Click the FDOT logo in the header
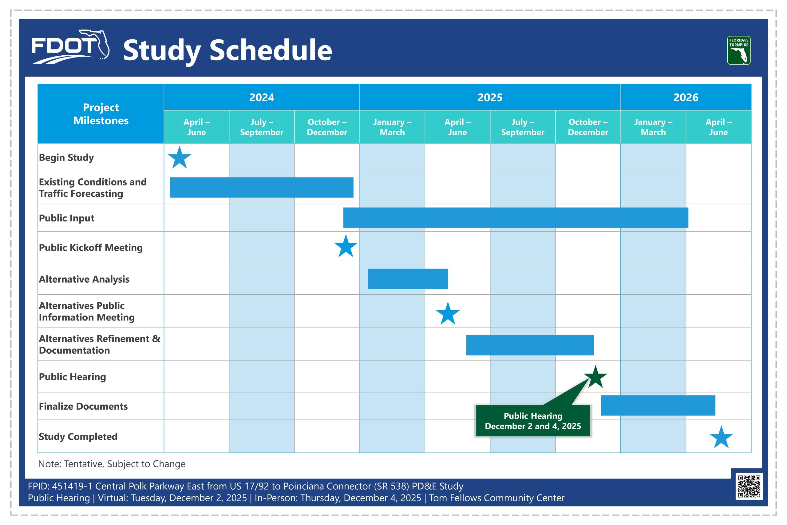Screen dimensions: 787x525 click(x=70, y=47)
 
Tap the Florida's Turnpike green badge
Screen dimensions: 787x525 click(x=739, y=50)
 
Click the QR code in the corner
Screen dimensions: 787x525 click(x=749, y=486)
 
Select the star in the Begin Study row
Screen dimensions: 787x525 click(x=179, y=157)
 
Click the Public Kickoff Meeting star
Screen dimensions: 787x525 click(x=346, y=246)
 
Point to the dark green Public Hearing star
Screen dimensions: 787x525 click(x=595, y=377)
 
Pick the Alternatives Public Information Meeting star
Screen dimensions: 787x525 click(x=448, y=313)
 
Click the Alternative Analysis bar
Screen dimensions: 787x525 click(x=408, y=279)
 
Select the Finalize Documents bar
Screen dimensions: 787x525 click(x=658, y=405)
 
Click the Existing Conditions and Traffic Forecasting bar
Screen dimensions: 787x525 click(x=262, y=188)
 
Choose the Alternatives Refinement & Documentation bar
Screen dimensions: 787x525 click(x=530, y=345)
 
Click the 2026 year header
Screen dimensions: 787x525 click(x=686, y=97)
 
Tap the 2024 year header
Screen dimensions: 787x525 click(x=262, y=97)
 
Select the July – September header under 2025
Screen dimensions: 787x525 click(x=523, y=127)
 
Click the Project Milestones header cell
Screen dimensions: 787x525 click(x=101, y=114)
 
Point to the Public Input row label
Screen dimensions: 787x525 click(x=67, y=218)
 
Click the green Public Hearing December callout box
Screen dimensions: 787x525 click(x=533, y=421)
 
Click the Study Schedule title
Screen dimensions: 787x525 click(x=227, y=50)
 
